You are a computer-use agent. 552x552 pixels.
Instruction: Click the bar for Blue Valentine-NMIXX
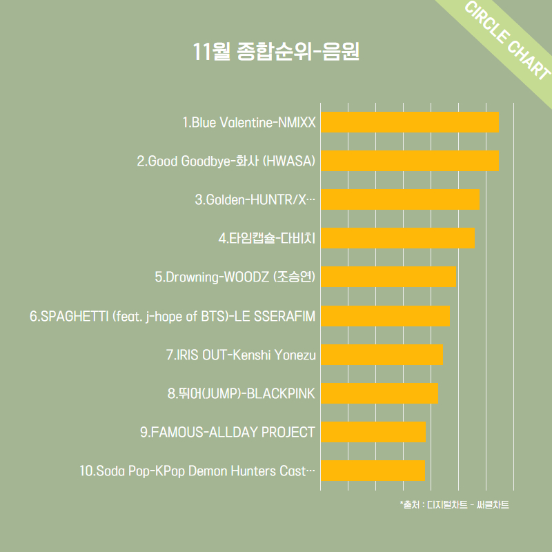[410, 121]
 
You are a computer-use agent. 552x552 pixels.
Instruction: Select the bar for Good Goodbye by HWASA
[410, 160]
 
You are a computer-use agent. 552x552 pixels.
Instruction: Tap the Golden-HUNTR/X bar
[400, 199]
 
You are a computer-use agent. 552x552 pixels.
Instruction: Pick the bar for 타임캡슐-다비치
[397, 237]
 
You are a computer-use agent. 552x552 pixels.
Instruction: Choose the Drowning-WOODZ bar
[388, 276]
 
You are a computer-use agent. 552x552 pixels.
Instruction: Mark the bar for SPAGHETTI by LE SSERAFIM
[385, 315]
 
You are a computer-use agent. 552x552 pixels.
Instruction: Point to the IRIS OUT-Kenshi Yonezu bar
[382, 355]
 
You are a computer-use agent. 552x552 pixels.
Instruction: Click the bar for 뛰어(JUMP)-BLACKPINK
[379, 393]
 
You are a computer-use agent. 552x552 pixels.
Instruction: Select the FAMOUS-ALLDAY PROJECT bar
[373, 432]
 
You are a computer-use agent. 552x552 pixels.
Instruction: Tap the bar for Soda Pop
[373, 471]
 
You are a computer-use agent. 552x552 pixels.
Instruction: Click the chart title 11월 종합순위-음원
[276, 52]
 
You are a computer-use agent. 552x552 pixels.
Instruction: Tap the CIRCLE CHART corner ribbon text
[508, 41]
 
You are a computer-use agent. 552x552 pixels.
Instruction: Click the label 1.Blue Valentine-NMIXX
[248, 123]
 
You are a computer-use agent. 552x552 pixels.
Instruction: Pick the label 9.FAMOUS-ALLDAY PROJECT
[227, 433]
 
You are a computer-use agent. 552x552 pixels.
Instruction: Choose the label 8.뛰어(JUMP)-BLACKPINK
[241, 394]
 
